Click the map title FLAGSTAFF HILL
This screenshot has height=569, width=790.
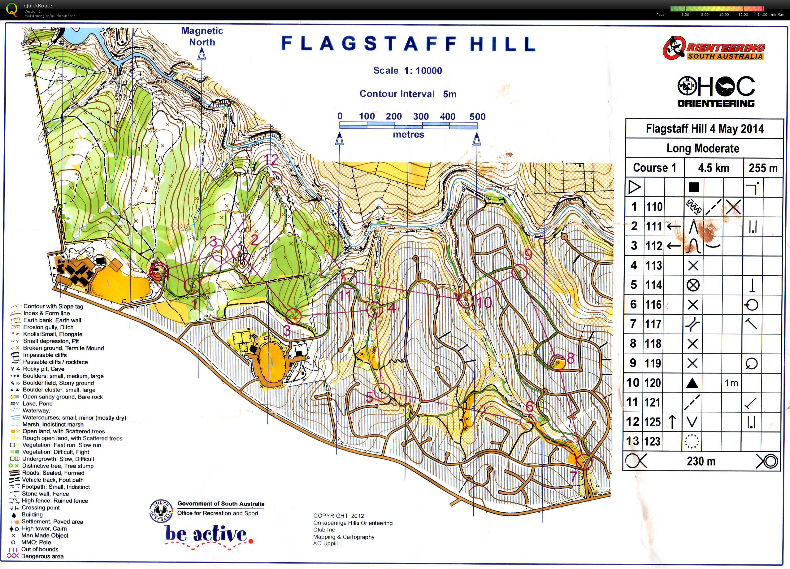pyautogui.click(x=408, y=44)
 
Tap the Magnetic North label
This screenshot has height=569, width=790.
pyautogui.click(x=202, y=36)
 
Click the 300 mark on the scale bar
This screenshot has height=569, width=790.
pyautogui.click(x=420, y=116)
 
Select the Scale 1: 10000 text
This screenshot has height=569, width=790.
pyautogui.click(x=408, y=71)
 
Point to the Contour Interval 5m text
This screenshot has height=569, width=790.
pyautogui.click(x=408, y=94)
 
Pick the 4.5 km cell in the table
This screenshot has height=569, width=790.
pyautogui.click(x=713, y=168)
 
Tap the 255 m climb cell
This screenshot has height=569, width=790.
pyautogui.click(x=763, y=168)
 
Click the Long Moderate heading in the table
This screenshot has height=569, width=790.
pyautogui.click(x=703, y=148)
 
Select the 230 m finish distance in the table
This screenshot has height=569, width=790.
pyautogui.click(x=701, y=461)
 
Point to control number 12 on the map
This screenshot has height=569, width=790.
pyautogui.click(x=271, y=160)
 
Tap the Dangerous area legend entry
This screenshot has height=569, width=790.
pyautogui.click(x=42, y=556)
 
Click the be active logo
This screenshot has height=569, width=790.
pyautogui.click(x=208, y=535)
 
